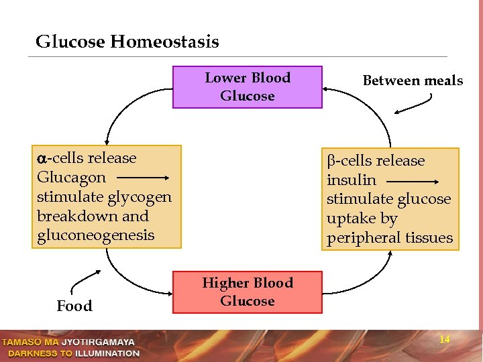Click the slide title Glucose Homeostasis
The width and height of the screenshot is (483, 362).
point(127,42)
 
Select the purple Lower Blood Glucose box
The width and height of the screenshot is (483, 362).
point(248,87)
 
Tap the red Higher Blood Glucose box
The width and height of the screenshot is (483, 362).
point(248,292)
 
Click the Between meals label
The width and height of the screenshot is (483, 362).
point(413,81)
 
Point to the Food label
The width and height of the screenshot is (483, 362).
point(74,306)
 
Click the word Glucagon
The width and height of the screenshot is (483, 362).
point(72,178)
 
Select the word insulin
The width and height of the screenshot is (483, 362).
point(352,180)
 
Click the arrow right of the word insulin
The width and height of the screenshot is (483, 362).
point(414,181)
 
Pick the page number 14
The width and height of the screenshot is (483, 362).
point(444,340)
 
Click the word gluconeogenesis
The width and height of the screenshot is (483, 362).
point(95,235)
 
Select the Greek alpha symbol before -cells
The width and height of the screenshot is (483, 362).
point(42,159)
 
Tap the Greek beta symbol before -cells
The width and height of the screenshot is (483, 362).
point(331,162)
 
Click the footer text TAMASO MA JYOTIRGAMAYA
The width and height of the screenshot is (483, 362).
point(69,342)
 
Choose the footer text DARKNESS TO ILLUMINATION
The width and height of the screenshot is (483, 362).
point(71,353)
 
